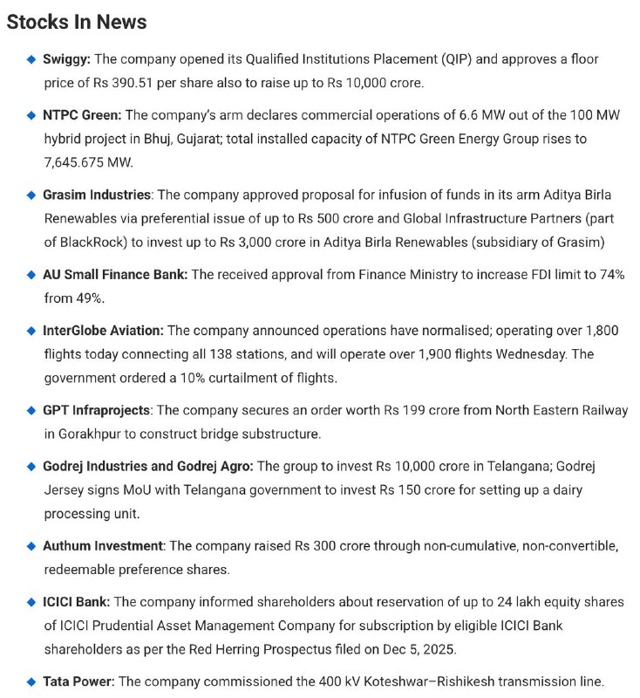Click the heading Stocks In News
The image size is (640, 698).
click(77, 22)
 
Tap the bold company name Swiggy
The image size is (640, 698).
click(66, 59)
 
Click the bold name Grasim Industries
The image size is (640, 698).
click(96, 194)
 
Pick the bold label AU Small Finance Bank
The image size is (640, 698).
click(114, 274)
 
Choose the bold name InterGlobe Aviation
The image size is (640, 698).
click(102, 331)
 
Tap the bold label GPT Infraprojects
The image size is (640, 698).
click(96, 409)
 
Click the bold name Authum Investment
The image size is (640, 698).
click(102, 545)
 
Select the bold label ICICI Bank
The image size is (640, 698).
click(76, 602)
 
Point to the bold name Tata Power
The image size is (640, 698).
click(78, 681)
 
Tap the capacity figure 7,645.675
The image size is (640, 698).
click(81, 163)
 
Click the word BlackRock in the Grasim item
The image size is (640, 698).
click(86, 242)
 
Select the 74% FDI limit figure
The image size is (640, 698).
click(610, 275)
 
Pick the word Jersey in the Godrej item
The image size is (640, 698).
click(65, 490)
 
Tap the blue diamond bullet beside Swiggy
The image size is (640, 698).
click(31, 60)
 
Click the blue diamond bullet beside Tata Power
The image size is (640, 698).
click(31, 681)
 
